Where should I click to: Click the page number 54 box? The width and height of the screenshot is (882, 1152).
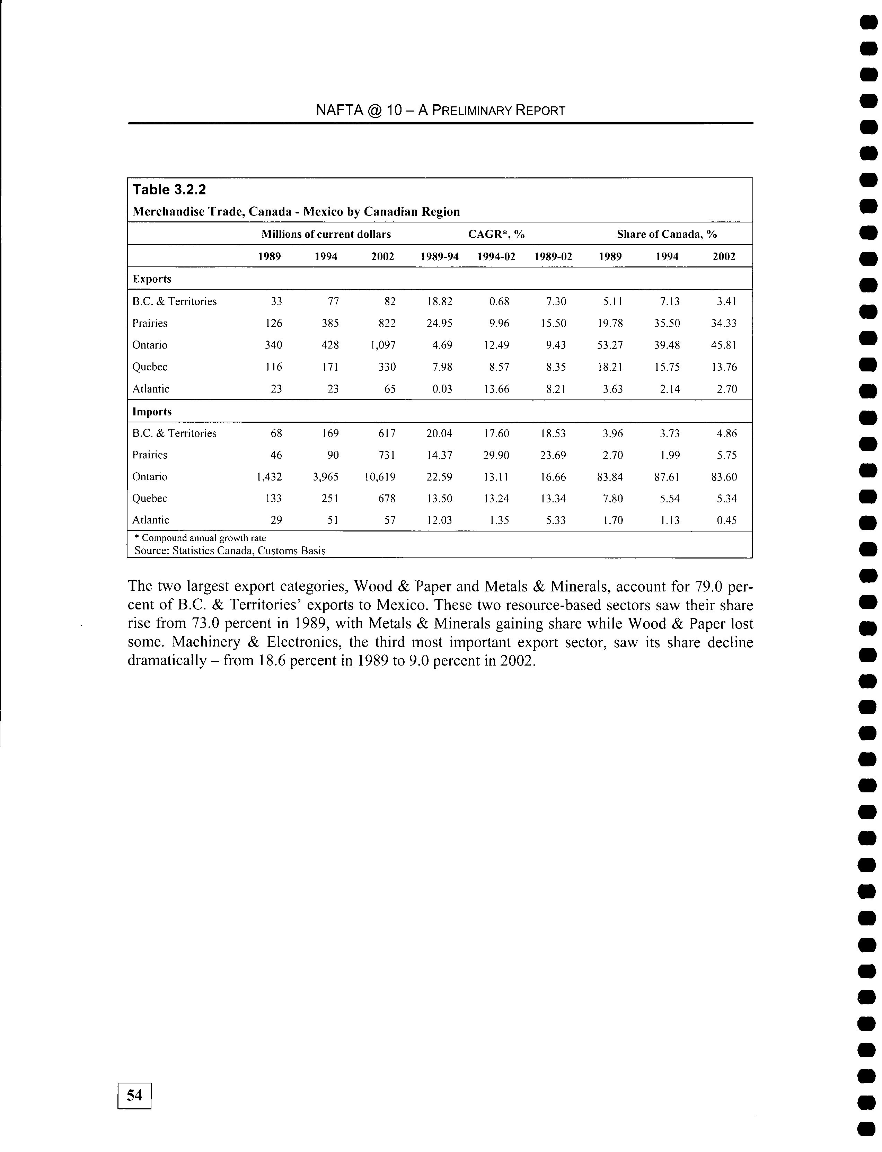click(x=134, y=1095)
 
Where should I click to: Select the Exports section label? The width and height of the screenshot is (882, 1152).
click(x=152, y=279)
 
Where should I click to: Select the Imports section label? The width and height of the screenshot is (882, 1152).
click(x=152, y=412)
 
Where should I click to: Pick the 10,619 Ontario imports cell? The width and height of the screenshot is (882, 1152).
click(x=379, y=477)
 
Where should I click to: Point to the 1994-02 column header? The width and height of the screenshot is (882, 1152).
click(x=496, y=257)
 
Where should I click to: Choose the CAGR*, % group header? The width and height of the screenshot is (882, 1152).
click(x=496, y=234)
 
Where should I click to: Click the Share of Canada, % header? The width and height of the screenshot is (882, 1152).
click(x=667, y=234)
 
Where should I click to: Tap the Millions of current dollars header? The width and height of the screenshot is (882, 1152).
click(x=326, y=234)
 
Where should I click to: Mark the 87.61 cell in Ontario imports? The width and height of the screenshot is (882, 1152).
click(x=667, y=477)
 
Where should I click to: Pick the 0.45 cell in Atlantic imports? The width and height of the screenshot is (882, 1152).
click(x=726, y=520)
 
